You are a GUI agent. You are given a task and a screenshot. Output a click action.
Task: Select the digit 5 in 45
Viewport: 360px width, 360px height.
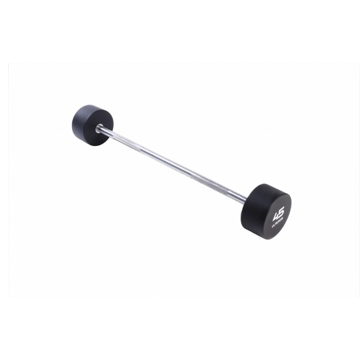click(281, 211)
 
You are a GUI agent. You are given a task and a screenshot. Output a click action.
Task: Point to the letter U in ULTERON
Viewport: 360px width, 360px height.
click(272, 227)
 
